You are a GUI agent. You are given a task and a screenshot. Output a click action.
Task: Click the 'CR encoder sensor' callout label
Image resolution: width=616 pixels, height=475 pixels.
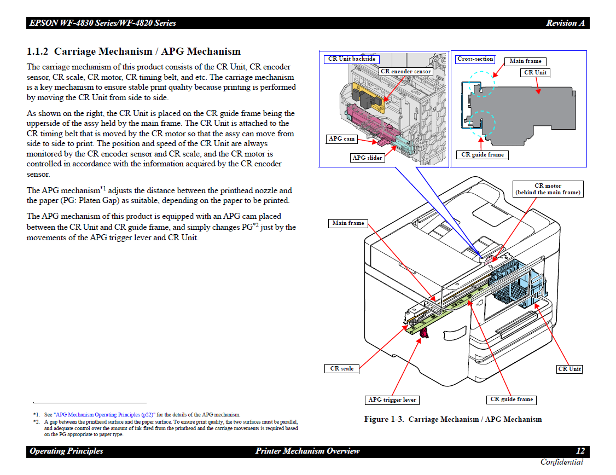pos(406,71)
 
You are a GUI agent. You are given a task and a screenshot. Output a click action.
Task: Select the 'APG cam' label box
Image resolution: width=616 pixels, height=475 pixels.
pos(342,139)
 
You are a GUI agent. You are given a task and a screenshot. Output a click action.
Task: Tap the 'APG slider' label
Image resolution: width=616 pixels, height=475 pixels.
pos(367,158)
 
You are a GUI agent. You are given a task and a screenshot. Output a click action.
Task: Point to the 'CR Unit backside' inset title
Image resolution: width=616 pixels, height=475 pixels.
pos(352,59)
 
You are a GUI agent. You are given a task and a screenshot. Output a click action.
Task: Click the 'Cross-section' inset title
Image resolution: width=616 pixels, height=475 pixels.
pos(475,59)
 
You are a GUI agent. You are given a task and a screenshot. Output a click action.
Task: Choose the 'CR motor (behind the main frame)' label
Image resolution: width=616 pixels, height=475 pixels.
pos(548,189)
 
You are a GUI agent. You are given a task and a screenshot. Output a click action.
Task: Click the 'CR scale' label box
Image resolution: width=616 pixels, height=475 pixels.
pos(342,369)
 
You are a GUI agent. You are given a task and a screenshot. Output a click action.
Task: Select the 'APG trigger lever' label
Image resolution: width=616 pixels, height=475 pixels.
pos(392,400)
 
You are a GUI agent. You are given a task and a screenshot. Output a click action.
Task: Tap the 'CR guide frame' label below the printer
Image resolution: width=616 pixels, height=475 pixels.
pos(512,399)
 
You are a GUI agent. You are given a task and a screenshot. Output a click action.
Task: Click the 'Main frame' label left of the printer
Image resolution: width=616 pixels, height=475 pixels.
pos(348,223)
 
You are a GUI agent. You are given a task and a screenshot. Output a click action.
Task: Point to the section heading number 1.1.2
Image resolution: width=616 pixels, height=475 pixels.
pos(38,52)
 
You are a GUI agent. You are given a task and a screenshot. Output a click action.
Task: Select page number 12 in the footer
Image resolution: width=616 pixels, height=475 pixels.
pos(580,451)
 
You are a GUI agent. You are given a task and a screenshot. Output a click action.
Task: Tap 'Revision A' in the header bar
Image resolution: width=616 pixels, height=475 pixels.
pos(565,23)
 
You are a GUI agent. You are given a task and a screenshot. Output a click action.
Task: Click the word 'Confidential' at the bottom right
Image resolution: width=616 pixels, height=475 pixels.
pos(562,462)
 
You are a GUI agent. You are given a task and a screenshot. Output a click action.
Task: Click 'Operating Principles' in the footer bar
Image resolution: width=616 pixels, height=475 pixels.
pos(66,451)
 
